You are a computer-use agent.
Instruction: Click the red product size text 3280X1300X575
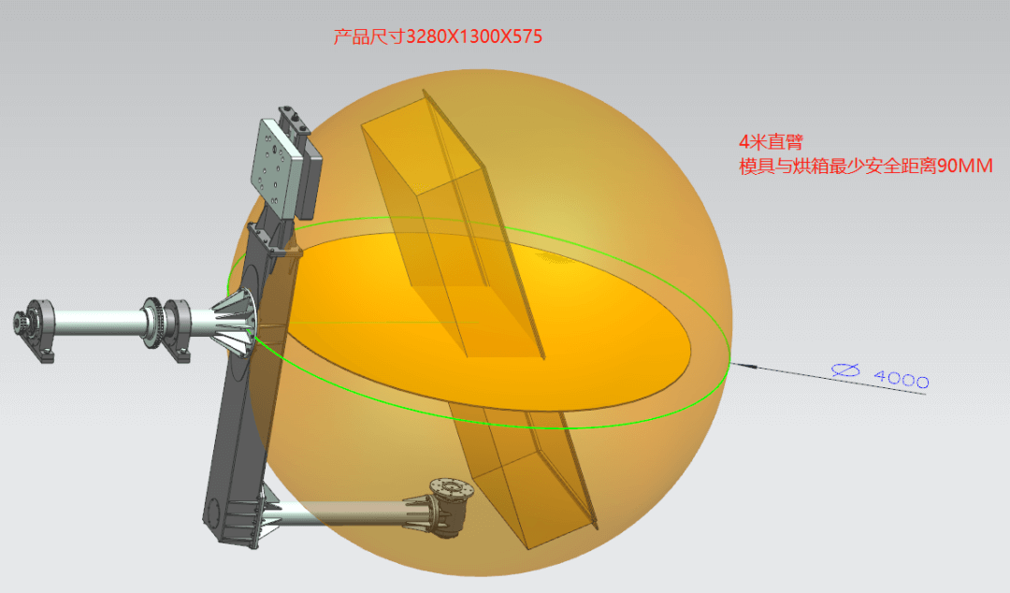473,36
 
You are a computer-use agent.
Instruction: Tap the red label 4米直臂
771,142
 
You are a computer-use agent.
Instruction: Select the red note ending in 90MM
866,166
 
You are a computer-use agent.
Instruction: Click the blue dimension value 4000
902,379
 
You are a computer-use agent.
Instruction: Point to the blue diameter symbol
845,370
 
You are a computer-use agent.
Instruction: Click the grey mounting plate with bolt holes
276,166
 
